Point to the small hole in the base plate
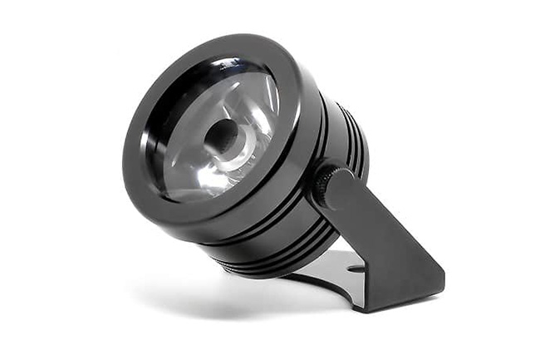coord(355,269)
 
